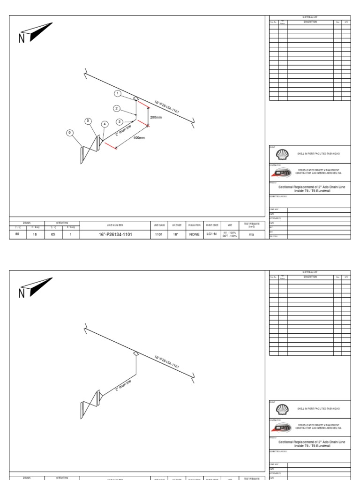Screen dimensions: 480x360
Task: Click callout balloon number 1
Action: click(x=118, y=93)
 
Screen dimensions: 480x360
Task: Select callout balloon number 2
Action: click(x=117, y=108)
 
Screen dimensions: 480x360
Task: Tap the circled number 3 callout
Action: click(x=120, y=121)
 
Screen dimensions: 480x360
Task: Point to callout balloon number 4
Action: click(x=105, y=124)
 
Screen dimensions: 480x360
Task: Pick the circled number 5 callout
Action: click(x=88, y=121)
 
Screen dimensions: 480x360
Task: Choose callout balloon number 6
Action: click(x=70, y=133)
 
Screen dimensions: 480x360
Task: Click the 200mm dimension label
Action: click(x=156, y=117)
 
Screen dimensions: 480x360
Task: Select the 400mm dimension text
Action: click(x=139, y=138)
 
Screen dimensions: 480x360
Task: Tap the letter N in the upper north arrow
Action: click(x=22, y=39)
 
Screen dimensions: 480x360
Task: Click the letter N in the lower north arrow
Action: click(x=22, y=294)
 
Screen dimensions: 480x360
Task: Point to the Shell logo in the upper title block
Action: click(x=280, y=154)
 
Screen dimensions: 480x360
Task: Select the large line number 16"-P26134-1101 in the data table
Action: click(x=115, y=234)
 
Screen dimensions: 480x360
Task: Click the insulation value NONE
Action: click(x=194, y=234)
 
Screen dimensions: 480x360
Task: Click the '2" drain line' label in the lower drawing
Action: click(x=123, y=385)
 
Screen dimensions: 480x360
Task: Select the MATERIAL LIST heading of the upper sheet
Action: click(x=310, y=17)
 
